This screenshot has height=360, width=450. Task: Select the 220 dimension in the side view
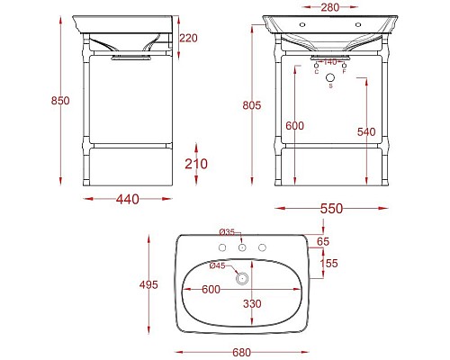pos(188,39)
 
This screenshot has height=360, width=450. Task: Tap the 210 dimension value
pos(196,163)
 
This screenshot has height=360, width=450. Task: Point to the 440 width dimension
pos(127,200)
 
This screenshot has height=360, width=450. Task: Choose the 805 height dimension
pos(251,105)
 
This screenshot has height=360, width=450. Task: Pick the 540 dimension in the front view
pos(366,132)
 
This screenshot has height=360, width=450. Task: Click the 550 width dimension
pos(331,208)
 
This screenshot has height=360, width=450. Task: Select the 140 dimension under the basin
pos(330,62)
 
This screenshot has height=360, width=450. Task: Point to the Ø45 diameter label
pos(217,265)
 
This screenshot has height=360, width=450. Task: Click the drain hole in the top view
pos(241,279)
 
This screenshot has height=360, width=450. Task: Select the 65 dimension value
pos(323,242)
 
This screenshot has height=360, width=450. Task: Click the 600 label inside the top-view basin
pos(210,289)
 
